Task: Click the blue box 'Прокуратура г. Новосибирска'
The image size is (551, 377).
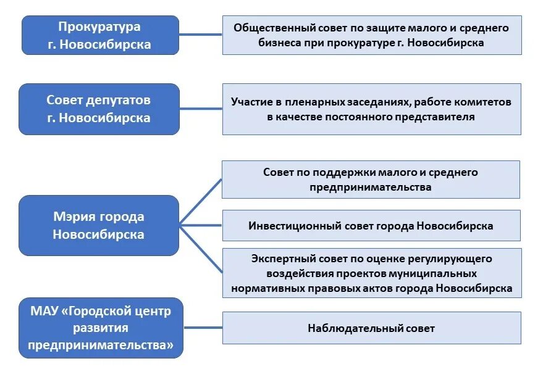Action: click(100, 35)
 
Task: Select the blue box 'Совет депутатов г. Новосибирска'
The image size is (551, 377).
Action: click(99, 109)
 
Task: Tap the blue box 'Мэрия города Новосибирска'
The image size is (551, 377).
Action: click(99, 225)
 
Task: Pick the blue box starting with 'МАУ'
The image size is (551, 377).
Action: click(100, 328)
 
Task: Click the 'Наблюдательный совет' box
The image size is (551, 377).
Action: click(371, 328)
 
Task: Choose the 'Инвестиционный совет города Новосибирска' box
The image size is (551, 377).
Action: click(371, 226)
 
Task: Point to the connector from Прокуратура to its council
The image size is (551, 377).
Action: click(201, 35)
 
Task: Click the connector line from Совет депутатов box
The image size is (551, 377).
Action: click(201, 109)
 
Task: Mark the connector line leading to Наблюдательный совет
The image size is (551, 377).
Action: click(203, 328)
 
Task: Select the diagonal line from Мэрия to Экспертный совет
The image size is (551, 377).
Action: click(201, 250)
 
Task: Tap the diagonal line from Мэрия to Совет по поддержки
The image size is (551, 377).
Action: click(201, 201)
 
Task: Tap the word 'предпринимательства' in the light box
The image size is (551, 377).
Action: click(371, 187)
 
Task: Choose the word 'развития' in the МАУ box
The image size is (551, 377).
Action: click(100, 328)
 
